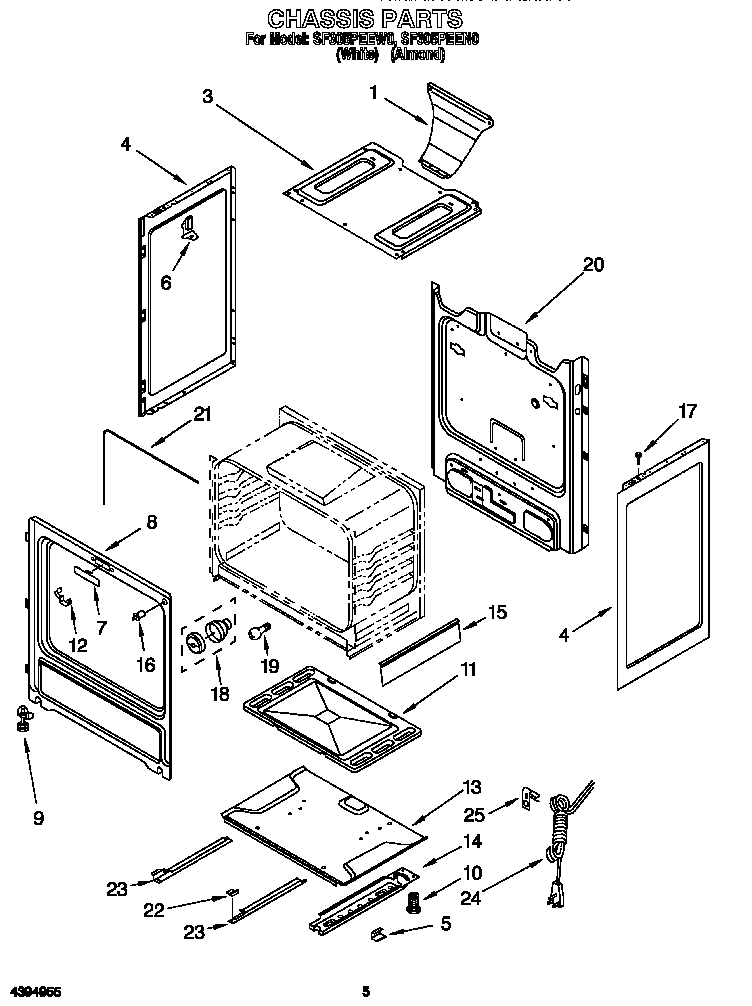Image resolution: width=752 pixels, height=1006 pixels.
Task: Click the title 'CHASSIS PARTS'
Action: point(365,18)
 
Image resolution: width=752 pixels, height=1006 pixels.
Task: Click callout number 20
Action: point(593,265)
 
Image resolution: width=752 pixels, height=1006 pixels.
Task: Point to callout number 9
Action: point(38,818)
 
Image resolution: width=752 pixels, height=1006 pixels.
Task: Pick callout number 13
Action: point(472,785)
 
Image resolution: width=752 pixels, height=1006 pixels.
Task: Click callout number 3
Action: point(207,96)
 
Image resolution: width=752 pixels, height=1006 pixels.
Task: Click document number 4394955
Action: point(31,991)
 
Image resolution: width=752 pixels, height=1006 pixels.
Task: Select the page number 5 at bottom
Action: point(367,991)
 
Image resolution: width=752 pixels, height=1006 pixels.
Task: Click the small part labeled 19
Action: point(263,631)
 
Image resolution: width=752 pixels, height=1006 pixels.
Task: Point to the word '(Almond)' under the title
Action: point(416,56)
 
